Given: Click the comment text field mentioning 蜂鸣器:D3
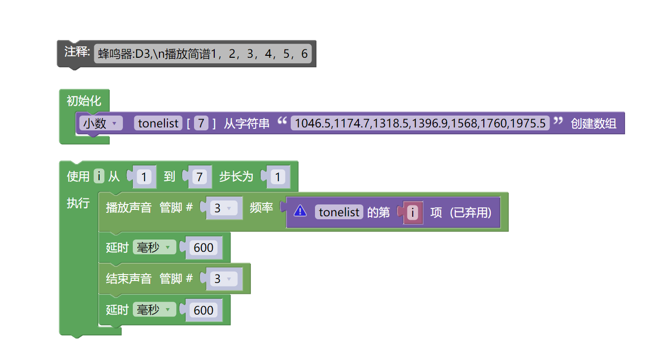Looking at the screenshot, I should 203,54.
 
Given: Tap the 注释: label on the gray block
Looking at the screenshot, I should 77,52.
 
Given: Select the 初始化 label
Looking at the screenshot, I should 83,101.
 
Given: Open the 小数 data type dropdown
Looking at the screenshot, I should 101,123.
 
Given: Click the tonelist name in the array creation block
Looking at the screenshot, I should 158,123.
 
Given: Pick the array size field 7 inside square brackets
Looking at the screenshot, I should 200,123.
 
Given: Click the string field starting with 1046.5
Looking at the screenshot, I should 420,123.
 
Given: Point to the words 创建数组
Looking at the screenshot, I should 593,123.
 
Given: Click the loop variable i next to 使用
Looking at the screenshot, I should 99,176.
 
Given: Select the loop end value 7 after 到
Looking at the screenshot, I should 199,177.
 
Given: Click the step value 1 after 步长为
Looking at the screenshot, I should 277,177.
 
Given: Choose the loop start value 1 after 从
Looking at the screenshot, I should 144,177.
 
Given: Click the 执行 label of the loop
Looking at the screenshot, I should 78,203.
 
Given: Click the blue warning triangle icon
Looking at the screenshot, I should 300,211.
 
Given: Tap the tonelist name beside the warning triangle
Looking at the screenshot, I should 339,212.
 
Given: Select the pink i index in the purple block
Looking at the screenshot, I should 413,212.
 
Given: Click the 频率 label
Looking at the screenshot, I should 261,208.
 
